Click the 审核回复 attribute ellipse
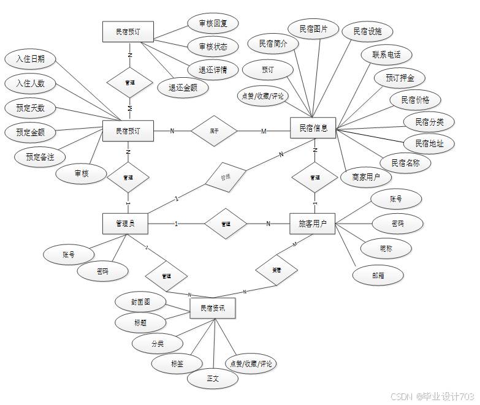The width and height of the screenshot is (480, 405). [213, 24]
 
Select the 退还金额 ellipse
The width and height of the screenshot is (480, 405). [183, 88]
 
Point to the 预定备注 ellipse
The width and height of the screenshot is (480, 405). [40, 157]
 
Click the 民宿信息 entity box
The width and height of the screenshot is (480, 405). [313, 128]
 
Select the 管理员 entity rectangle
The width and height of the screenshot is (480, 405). [126, 224]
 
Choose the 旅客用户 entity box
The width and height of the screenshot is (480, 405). [313, 224]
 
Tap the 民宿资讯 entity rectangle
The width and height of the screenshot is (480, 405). [213, 308]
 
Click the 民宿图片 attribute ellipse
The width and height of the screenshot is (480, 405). [313, 29]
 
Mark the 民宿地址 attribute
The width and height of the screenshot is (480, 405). [429, 143]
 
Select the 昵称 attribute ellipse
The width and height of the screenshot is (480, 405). [386, 248]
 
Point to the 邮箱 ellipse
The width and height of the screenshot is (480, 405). [378, 276]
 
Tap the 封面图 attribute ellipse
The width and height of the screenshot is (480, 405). [140, 302]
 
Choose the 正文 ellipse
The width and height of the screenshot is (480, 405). [213, 379]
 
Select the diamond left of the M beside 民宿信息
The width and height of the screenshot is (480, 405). [214, 131]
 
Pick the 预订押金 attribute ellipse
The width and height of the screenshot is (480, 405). [400, 78]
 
